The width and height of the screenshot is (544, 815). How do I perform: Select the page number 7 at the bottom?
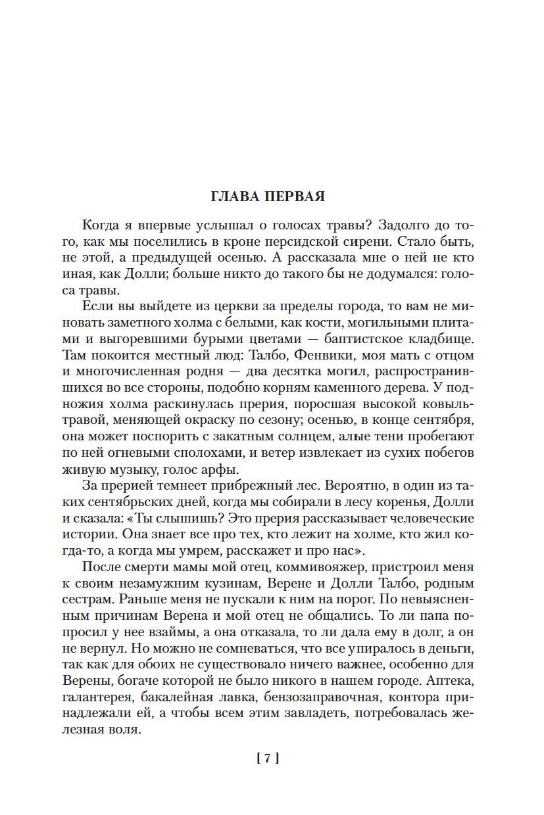pyautogui.click(x=267, y=758)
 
